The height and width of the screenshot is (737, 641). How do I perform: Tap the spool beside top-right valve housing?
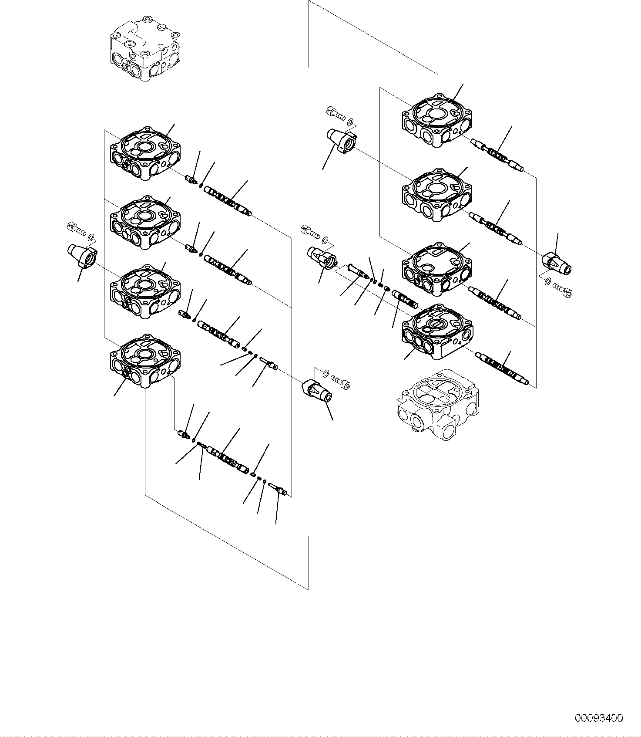point(497,154)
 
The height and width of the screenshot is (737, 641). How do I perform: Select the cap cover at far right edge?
point(557,264)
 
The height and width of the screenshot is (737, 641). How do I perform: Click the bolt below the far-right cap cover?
point(563,289)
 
